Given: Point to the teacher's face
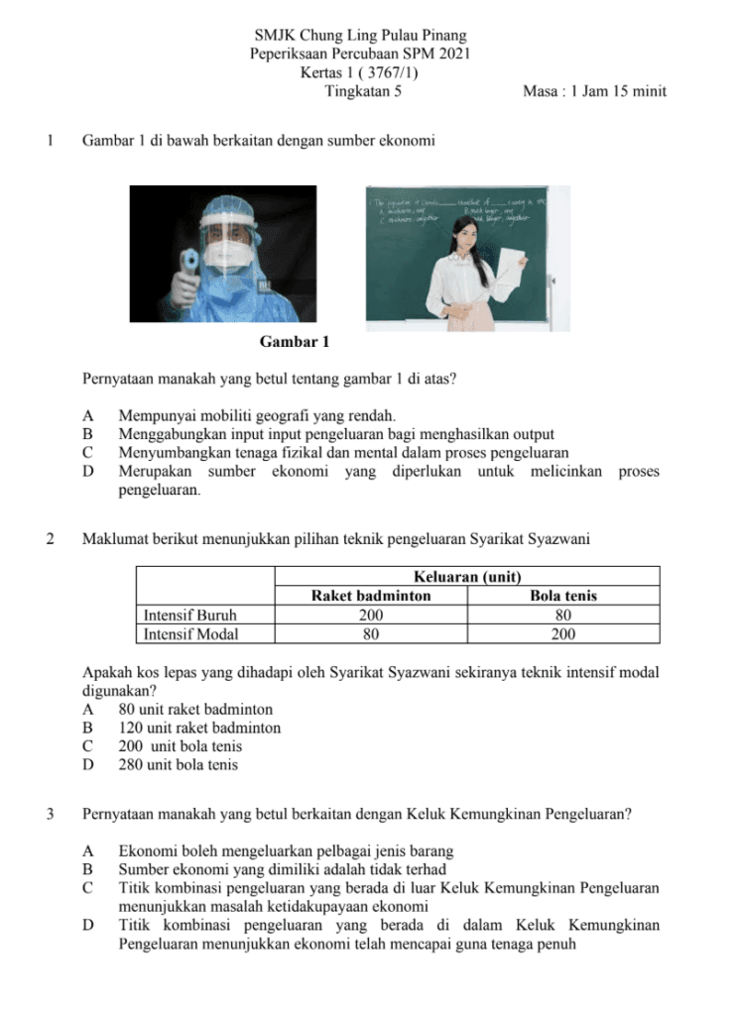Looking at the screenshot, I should (464, 233).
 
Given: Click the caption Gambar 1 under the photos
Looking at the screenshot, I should (294, 343).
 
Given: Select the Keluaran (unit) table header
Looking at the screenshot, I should (466, 576).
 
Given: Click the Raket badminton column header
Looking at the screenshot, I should (370, 596).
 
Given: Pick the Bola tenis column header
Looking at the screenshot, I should (563, 596).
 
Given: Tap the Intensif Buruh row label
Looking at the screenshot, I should (190, 615).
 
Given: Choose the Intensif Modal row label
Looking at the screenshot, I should (191, 633).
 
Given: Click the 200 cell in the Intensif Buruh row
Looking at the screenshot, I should (370, 615).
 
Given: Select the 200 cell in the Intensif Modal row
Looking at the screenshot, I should (563, 633).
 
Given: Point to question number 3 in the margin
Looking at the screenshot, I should (51, 815).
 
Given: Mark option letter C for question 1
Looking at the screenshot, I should (88, 453).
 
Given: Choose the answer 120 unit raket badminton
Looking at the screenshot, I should (198, 728).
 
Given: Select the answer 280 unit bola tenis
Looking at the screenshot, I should (179, 764).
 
